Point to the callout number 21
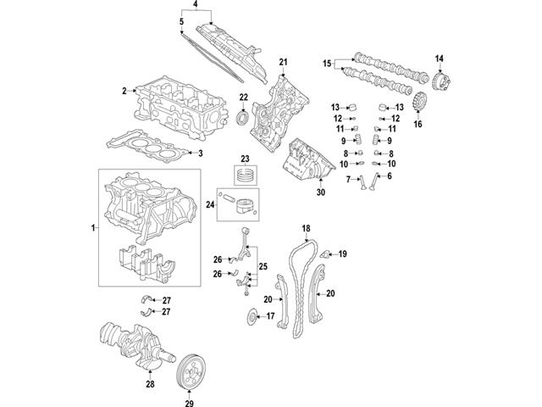pos(284,61)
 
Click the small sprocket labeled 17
pos(252,317)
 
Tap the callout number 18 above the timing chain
pos(306,229)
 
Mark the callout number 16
pos(417,124)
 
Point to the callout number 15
pos(327,63)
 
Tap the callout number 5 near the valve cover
pos(181,20)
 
